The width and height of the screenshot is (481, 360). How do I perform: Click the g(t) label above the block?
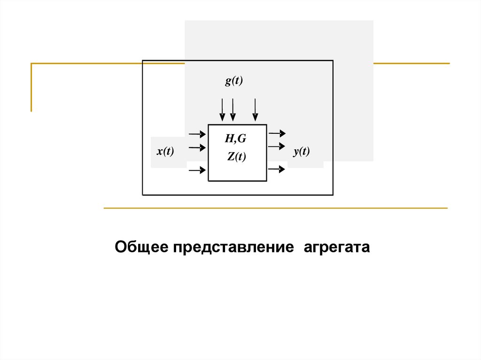[x=233, y=81]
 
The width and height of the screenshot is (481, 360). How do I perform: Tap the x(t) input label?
[x=165, y=152]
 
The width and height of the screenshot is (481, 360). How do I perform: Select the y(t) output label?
[x=301, y=152]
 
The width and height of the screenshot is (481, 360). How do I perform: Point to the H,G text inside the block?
[x=235, y=138]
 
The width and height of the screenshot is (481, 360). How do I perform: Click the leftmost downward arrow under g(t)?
[x=222, y=110]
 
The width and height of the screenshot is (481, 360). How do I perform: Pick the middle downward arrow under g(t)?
[x=233, y=110]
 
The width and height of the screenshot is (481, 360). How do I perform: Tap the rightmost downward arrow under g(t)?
[x=255, y=110]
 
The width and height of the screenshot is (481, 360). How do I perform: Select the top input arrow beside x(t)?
[x=197, y=134]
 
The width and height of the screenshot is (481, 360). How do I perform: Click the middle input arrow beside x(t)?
[x=197, y=148]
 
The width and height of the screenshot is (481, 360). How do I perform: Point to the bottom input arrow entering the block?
[x=197, y=170]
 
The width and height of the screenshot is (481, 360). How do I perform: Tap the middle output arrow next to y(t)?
[x=277, y=146]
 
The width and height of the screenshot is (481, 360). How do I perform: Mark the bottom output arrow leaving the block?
[x=277, y=169]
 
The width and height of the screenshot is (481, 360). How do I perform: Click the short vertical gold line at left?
[x=31, y=87]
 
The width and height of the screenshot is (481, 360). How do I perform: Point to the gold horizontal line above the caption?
[x=275, y=208]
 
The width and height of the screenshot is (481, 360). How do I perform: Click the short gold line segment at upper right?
[x=411, y=63]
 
